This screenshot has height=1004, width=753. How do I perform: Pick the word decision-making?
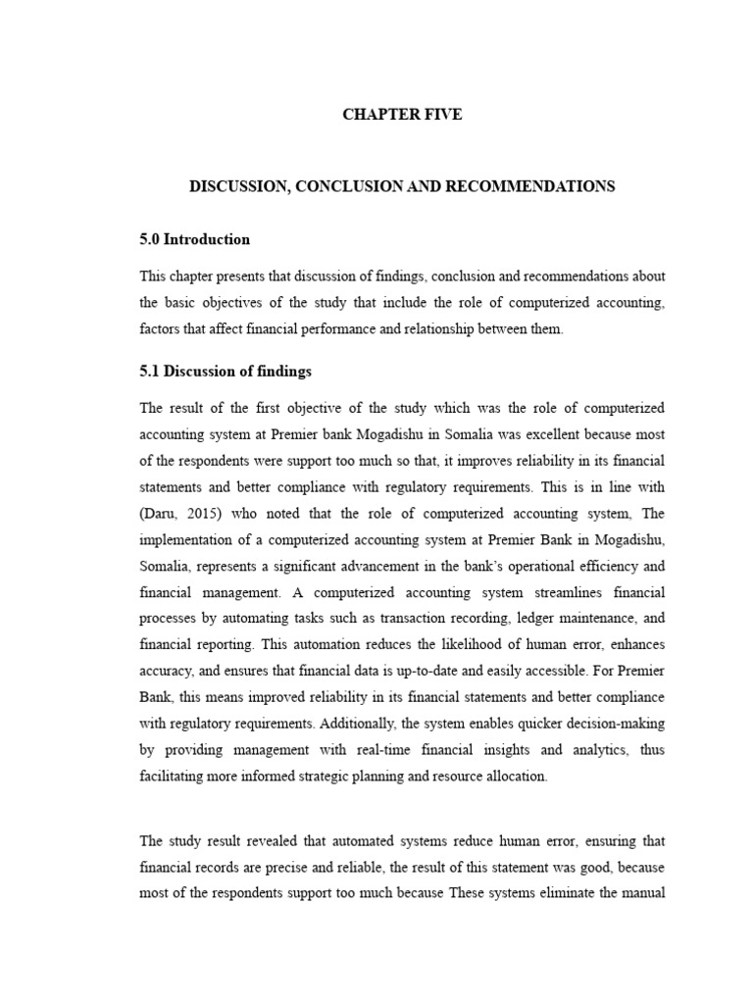[616, 724]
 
